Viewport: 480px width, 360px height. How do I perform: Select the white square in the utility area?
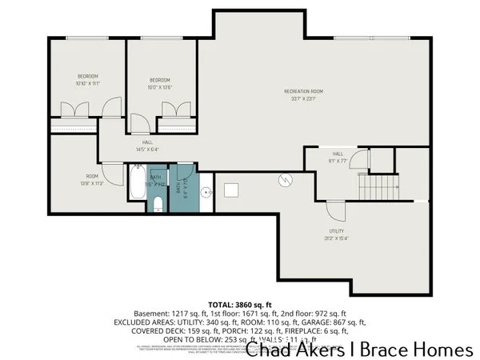point(232,190)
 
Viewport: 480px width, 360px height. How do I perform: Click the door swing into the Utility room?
point(336,210)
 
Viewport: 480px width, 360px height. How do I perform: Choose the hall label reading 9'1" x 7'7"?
point(338,157)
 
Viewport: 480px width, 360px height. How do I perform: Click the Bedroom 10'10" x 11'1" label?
point(87,79)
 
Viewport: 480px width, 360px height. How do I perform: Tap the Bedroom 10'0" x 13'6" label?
point(161,83)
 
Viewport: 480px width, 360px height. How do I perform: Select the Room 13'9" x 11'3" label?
point(93,179)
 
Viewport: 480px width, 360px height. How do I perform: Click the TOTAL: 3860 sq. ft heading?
point(240,305)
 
